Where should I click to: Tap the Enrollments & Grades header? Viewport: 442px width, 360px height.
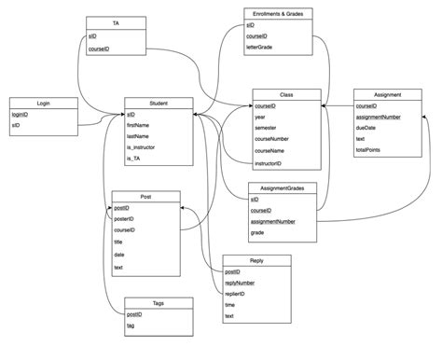(x=278, y=14)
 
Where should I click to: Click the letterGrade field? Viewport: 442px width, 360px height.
(x=260, y=46)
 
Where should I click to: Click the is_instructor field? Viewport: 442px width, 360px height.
(x=142, y=147)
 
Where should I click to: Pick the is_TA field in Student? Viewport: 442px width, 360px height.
(x=135, y=159)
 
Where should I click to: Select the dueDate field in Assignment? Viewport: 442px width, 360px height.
(x=367, y=128)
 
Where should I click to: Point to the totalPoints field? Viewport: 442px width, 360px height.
(x=369, y=150)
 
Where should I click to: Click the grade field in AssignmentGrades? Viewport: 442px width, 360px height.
(x=257, y=233)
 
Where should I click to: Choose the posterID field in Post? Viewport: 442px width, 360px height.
(x=125, y=218)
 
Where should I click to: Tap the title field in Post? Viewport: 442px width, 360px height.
(x=119, y=242)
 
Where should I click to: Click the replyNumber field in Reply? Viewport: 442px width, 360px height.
(x=240, y=282)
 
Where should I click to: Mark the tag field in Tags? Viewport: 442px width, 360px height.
(x=131, y=325)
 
